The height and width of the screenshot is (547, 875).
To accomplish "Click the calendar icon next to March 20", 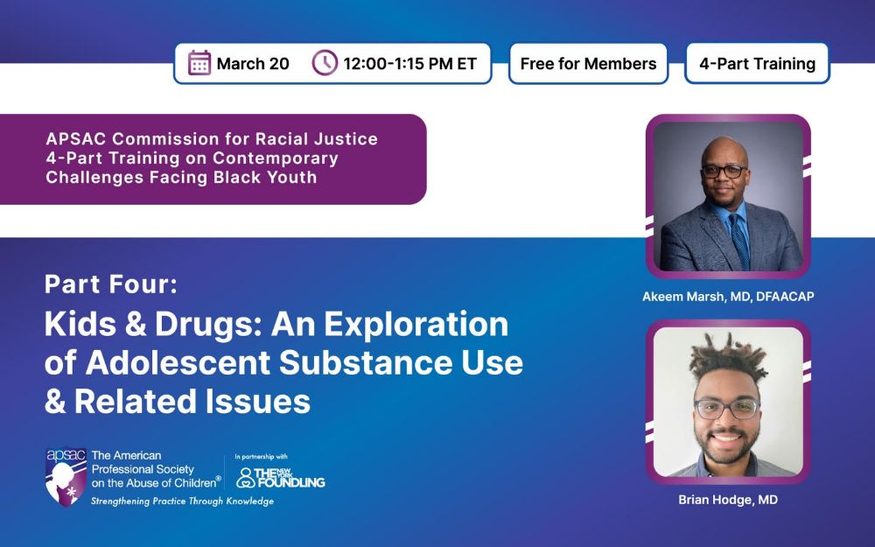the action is coord(199,62).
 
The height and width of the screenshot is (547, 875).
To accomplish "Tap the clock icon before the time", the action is coord(325,62).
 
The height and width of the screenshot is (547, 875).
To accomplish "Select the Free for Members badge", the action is coord(588,64).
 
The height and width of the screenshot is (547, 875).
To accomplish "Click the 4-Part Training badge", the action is coord(757,64).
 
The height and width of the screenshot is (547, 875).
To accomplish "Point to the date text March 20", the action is coord(253,64).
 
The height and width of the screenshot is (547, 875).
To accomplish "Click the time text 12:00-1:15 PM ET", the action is coord(410,64).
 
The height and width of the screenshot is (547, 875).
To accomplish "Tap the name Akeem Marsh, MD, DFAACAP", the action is coord(728,297).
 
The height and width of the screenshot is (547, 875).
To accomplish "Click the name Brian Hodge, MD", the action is coord(728,500).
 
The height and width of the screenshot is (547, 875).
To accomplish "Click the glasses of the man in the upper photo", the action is coord(724,172).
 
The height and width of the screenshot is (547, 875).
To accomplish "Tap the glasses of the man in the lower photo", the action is coord(727,409).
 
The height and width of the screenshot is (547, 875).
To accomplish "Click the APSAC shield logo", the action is coord(66,477).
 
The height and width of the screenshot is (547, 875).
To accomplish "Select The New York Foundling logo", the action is coord(281,477).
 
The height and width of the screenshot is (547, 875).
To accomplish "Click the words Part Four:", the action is coord(111,284).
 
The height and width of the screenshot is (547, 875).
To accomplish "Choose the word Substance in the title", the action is coord(362,362).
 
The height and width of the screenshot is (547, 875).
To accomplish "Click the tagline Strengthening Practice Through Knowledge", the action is coord(183,501).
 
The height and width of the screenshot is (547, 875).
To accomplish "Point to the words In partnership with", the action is coord(261,457).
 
